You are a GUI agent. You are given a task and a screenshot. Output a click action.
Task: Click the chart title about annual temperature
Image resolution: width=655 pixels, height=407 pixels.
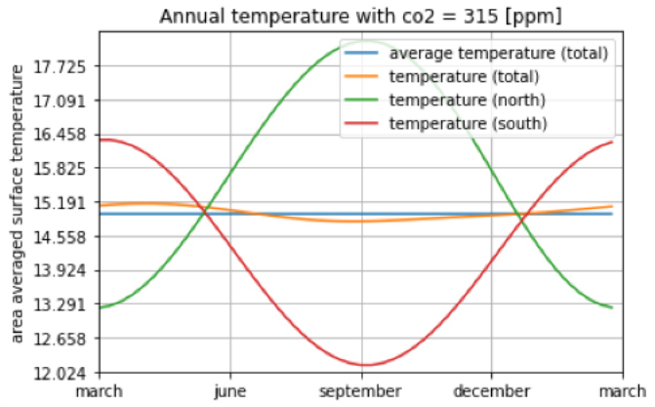(361, 16)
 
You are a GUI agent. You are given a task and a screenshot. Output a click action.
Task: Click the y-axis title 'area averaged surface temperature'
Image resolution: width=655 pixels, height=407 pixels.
(17, 210)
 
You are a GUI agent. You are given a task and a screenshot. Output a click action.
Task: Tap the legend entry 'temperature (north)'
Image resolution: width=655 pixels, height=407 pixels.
(467, 101)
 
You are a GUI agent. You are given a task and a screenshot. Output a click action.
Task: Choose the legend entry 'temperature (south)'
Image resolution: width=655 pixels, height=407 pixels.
(468, 124)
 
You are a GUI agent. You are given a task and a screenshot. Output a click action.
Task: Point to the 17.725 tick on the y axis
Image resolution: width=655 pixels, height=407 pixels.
(61, 66)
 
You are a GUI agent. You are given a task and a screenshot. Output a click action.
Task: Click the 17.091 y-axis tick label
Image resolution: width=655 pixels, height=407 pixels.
(61, 101)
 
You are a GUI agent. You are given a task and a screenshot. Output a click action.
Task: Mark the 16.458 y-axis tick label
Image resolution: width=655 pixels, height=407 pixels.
(61, 135)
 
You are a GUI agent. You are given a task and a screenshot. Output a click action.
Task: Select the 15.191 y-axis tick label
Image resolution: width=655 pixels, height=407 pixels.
(61, 203)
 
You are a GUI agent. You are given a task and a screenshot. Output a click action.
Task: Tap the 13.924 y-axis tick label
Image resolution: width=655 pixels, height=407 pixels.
(61, 270)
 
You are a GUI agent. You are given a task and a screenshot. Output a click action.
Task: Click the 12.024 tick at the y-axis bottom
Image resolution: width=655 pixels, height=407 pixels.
(61, 373)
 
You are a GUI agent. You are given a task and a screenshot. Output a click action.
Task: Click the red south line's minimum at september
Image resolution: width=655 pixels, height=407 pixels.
(363, 365)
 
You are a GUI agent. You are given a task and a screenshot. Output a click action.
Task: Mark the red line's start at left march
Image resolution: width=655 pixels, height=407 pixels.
(102, 139)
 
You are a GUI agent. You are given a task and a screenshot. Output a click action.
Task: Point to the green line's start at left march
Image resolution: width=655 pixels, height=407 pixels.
(102, 307)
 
